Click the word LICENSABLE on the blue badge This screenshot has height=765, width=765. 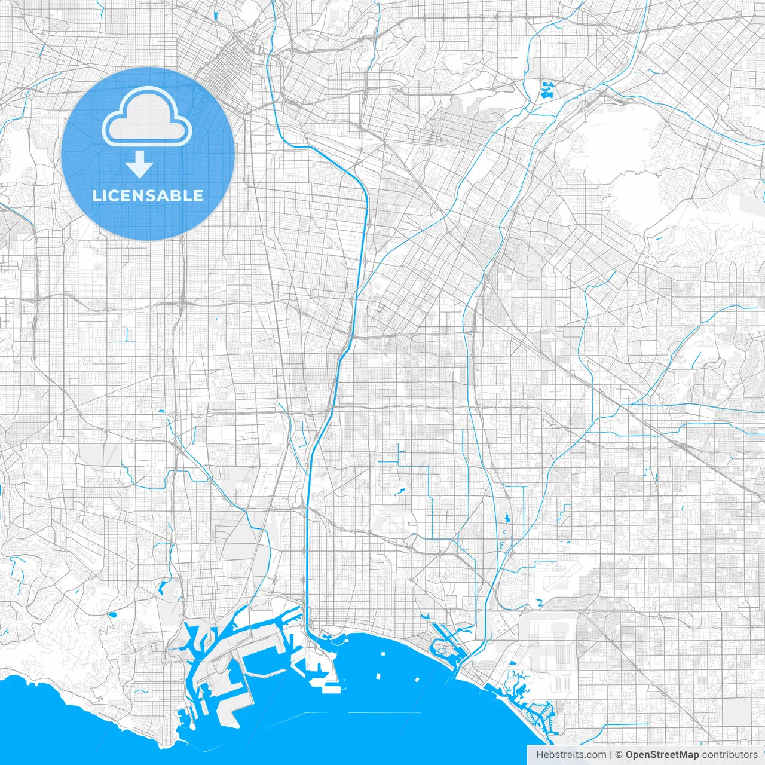point(148,195)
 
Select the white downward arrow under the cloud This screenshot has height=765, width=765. point(140,164)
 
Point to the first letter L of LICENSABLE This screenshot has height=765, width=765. point(96,195)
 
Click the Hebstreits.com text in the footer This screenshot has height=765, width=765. point(571,755)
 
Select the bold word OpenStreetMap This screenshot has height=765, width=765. point(662,755)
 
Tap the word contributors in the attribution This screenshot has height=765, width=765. point(730,755)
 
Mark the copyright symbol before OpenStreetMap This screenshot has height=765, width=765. point(619,755)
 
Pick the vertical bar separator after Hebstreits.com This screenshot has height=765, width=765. point(611,755)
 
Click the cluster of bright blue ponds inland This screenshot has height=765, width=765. point(547,90)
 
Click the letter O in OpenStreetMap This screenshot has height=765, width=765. point(630,755)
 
